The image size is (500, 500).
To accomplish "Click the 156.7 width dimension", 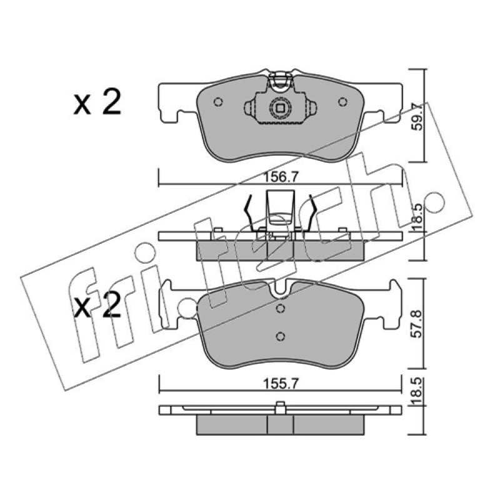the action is coord(281,177).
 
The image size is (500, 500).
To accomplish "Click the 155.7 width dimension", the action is coord(281,384).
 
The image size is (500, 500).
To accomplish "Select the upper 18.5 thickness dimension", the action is coord(418,218).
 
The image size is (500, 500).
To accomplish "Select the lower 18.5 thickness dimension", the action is coord(418,392).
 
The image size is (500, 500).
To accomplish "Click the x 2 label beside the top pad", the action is coord(97,102).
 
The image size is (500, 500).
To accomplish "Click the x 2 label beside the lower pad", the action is coord(97,305).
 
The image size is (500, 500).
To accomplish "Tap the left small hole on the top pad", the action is coord(218,102).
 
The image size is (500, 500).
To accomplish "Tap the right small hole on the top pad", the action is coord(342,102).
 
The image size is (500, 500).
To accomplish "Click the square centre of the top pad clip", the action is coord(280,108).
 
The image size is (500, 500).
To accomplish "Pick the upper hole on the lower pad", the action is coord(280,308).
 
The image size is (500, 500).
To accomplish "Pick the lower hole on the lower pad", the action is coord(280,336).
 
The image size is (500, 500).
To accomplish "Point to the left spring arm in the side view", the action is coord(249,212).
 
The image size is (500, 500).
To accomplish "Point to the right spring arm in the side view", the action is coord(311,212).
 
